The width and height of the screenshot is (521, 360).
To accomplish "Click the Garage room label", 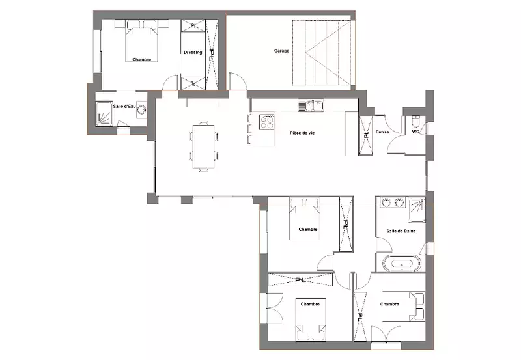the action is point(281,51).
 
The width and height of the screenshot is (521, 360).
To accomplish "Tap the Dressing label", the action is point(193,53).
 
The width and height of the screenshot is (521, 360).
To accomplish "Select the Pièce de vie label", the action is point(302,133).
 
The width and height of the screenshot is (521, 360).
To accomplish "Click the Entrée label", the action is point(382,132).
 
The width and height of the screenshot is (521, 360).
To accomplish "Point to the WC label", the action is point(415,132).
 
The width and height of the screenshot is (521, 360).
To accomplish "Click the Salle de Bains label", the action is point(401,231).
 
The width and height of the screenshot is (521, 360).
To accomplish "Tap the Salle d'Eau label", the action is point(124,107).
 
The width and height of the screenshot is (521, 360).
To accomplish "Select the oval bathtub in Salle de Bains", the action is point(402,264).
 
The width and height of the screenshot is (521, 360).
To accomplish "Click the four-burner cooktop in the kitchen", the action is point(267,122).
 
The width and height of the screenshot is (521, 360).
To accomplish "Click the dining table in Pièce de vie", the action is point(204,146).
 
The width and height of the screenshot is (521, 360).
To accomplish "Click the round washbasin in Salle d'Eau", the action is point(142,110).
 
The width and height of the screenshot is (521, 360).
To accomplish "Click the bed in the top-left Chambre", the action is point(142,41).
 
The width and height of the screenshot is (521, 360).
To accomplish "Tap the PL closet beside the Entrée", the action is point(366,135).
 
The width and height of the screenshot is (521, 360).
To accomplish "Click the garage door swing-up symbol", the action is point(321,53).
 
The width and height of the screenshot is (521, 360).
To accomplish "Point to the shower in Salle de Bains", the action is point(417,210).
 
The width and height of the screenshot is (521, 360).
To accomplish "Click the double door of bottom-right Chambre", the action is point(386,333).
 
